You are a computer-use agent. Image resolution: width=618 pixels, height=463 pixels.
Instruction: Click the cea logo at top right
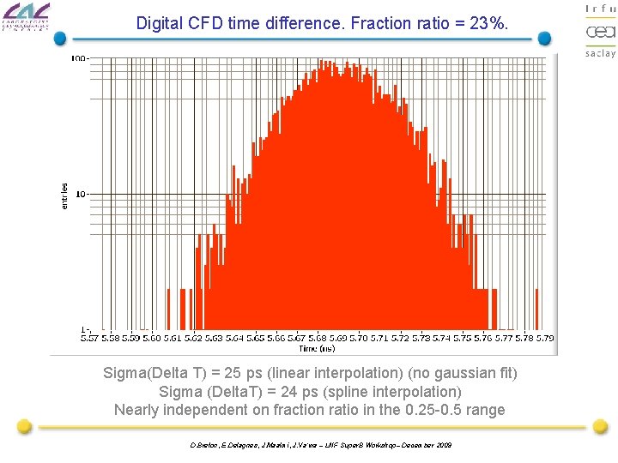[600, 32]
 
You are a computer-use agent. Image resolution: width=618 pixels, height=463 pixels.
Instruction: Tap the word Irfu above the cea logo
[600, 9]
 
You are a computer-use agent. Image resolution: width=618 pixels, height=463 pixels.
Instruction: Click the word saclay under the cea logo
[600, 53]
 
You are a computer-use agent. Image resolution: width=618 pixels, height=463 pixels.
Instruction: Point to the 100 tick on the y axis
[79, 58]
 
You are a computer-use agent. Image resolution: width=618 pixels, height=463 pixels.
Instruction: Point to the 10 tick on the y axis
[82, 194]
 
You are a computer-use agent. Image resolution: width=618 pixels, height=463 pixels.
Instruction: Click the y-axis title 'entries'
[64, 195]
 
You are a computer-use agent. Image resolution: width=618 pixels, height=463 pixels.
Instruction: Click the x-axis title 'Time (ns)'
[315, 349]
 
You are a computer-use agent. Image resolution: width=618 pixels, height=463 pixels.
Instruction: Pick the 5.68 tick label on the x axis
[316, 339]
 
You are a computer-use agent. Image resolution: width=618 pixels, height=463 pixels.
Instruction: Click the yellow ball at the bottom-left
[25, 426]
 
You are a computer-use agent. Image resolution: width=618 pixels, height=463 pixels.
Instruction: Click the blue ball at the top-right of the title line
[544, 38]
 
